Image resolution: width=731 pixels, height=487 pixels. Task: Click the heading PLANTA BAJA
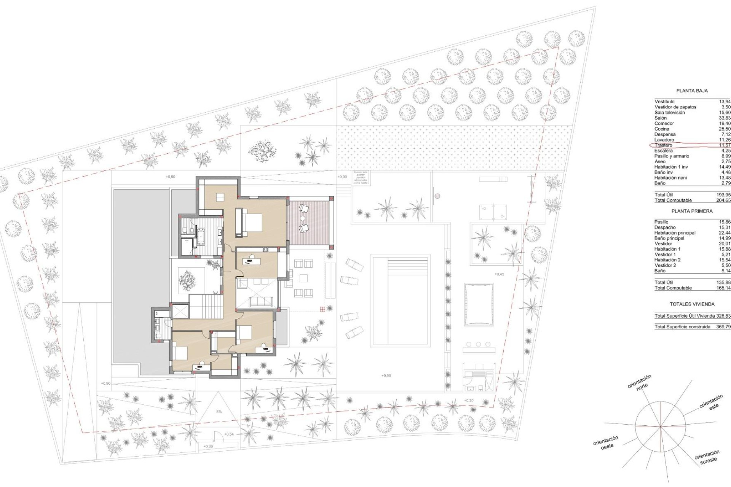click(x=692, y=91)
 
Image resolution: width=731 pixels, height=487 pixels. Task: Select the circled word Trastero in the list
click(x=664, y=145)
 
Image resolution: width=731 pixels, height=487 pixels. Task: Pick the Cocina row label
click(x=662, y=129)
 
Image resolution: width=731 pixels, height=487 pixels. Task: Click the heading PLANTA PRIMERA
click(x=692, y=211)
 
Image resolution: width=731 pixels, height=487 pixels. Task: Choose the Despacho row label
click(x=665, y=228)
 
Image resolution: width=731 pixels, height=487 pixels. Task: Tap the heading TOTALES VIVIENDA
click(x=692, y=304)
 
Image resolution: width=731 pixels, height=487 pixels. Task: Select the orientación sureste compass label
click(x=707, y=457)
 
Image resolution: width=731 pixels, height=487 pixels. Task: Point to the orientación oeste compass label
click(x=606, y=443)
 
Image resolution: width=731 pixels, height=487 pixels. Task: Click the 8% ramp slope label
click(x=219, y=412)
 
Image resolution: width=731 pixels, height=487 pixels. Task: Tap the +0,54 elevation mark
click(x=229, y=434)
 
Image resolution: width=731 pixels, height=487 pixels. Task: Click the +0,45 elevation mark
click(x=499, y=274)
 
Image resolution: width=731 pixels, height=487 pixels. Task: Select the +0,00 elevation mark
click(x=342, y=177)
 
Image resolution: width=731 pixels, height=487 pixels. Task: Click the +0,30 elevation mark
click(x=469, y=401)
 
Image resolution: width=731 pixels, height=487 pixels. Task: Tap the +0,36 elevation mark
click(x=208, y=446)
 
